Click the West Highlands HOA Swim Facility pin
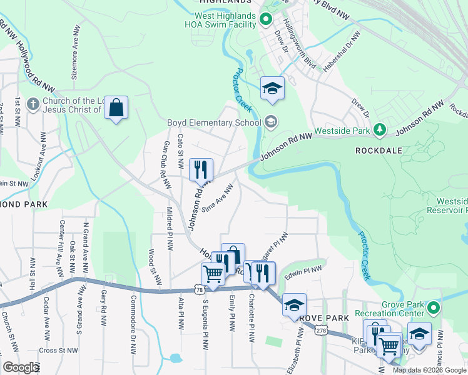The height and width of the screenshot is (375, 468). [x=265, y=20]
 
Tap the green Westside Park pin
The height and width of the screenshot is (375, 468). [x=379, y=130]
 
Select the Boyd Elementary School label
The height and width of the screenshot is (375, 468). [x=213, y=122]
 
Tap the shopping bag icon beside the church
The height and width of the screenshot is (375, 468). [x=116, y=109]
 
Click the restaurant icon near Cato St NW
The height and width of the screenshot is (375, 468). [x=201, y=169]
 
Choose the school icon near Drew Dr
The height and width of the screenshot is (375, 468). [x=272, y=89]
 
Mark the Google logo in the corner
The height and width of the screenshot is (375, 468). [x=21, y=367]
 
